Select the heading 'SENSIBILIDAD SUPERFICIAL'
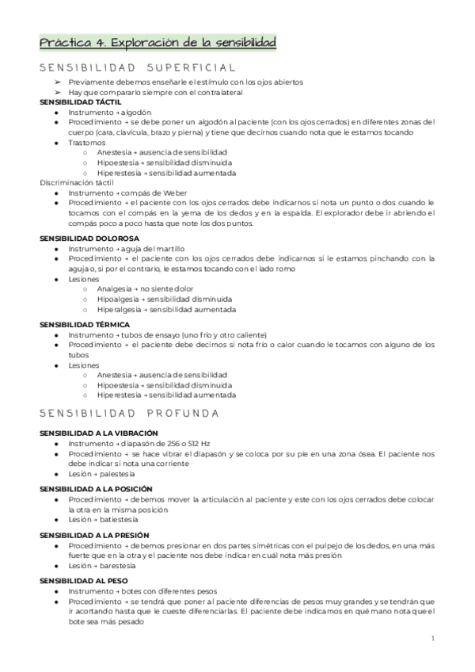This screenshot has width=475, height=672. pos(138,67)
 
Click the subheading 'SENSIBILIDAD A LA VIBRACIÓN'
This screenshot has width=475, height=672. pos(94,433)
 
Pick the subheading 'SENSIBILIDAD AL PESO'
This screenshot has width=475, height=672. pos(79,581)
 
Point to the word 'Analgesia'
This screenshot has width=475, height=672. pos(115,289)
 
